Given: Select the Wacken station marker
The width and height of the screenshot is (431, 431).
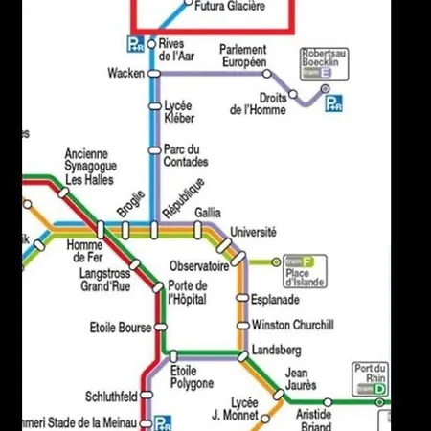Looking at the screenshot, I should pyautogui.click(x=151, y=74).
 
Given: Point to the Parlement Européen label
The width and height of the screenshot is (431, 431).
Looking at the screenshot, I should pyautogui.click(x=242, y=56).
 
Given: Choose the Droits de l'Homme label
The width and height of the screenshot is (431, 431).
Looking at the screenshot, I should pyautogui.click(x=259, y=103).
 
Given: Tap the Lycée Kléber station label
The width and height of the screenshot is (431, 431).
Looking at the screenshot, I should pyautogui.click(x=179, y=111).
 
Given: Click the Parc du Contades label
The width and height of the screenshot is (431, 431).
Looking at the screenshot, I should pyautogui.click(x=185, y=155).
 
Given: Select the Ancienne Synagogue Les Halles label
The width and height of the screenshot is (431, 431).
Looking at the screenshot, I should pyautogui.click(x=89, y=167).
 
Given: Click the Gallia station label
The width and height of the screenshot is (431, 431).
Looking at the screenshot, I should pyautogui.click(x=207, y=212).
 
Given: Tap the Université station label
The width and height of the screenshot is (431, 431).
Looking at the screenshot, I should pyautogui.click(x=253, y=232).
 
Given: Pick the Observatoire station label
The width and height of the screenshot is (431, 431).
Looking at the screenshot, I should pyautogui.click(x=199, y=265).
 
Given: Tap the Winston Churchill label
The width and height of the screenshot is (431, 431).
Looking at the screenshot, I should pyautogui.click(x=292, y=326).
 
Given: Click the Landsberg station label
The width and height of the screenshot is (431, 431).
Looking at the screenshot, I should pyautogui.click(x=276, y=351).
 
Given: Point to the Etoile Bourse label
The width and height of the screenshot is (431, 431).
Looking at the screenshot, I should pyautogui.click(x=120, y=328).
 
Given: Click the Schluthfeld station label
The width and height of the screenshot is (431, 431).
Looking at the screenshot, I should pyautogui.click(x=111, y=397).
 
